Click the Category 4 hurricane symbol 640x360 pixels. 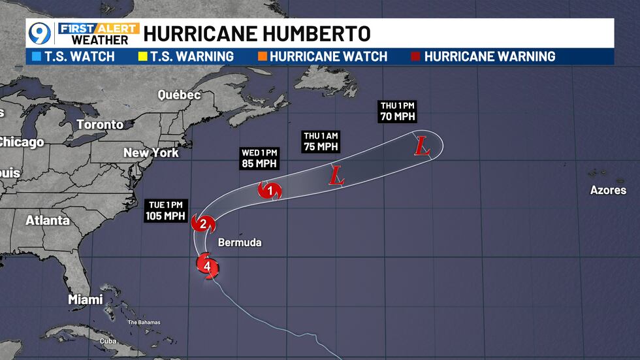pos(207,266)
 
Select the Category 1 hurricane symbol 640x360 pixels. pos(268,190)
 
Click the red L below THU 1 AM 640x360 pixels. pos(336,175)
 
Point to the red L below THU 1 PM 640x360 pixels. pos(423,147)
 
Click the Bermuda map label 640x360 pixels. pos(240,242)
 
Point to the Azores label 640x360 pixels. pos(608,190)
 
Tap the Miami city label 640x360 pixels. pos(86,299)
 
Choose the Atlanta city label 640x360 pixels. pos(48,220)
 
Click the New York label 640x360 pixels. pos(151,153)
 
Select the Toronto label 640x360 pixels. pos(100,124)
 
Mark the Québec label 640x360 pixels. pos(179,95)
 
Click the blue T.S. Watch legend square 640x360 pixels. pos(35,56)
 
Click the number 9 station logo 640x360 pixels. pos(40,33)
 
